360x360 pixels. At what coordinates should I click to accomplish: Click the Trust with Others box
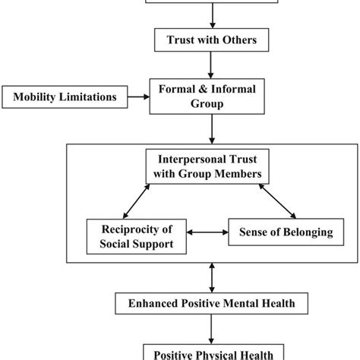point(210,39)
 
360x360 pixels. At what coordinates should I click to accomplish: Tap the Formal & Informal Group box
point(211,97)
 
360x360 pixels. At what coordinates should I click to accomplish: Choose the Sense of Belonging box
point(281,233)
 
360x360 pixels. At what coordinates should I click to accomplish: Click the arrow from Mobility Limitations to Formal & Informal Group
point(134,97)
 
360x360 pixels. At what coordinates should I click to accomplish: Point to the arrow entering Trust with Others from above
point(210,14)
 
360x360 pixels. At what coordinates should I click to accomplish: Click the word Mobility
point(35,97)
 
